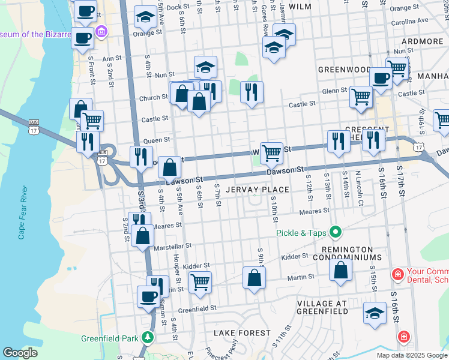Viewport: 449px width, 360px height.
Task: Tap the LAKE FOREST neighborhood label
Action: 237,332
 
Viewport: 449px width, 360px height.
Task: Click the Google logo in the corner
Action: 20,352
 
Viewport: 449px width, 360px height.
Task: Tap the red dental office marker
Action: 397,275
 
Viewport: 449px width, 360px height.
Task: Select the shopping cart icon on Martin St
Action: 200,281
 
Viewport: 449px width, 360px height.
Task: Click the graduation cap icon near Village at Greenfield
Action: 375,313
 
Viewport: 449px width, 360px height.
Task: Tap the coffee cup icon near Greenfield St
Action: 149,295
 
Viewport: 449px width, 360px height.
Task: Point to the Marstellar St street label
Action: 172,246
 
